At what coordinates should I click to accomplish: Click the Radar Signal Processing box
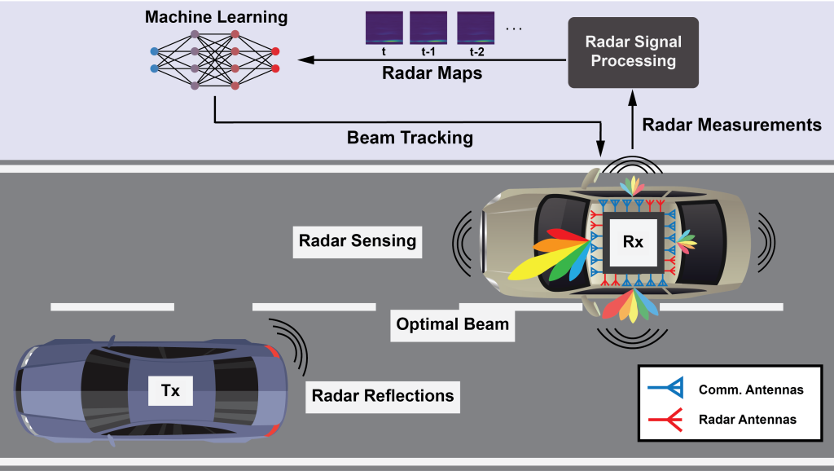[x=633, y=52]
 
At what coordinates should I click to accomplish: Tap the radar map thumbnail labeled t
[x=383, y=28]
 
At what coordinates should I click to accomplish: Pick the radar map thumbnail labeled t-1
[x=428, y=28]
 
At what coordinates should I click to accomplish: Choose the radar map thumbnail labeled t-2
[x=476, y=28]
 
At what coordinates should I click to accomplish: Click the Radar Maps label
[x=432, y=73]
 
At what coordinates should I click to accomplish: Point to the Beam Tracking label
[x=410, y=137]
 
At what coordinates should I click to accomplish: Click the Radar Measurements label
[x=731, y=125]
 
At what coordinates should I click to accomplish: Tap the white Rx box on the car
[x=633, y=242]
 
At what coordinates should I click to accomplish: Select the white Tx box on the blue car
[x=170, y=391]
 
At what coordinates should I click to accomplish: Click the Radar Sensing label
[x=357, y=240]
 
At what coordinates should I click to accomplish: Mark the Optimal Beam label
[x=452, y=324]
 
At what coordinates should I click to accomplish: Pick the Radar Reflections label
[x=382, y=396]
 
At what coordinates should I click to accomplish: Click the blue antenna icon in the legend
[x=666, y=390]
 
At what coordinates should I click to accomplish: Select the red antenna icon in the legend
[x=666, y=419]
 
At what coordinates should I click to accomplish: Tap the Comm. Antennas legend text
[x=750, y=390]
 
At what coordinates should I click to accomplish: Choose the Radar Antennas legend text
[x=747, y=419]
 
